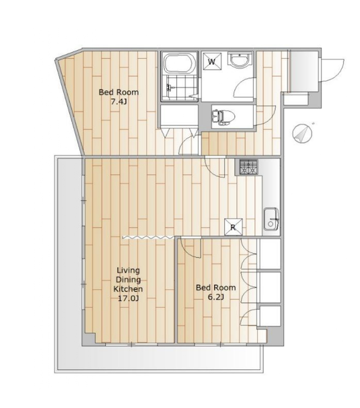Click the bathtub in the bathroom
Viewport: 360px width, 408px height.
click(x=180, y=64)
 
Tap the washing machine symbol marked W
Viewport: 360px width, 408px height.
click(x=212, y=62)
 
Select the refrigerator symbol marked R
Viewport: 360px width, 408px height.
click(x=233, y=227)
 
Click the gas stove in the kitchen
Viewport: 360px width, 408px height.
click(x=249, y=167)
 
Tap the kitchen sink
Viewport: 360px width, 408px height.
click(x=271, y=219)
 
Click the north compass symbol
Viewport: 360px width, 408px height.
click(x=302, y=133)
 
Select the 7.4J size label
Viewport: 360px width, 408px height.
click(x=119, y=102)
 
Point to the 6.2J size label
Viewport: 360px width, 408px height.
click(x=216, y=297)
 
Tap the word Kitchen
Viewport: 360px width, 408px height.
click(x=128, y=289)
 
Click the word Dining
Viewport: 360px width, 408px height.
click(x=128, y=280)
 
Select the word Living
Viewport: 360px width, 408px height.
click(x=128, y=270)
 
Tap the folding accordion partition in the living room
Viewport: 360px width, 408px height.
click(x=148, y=237)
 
